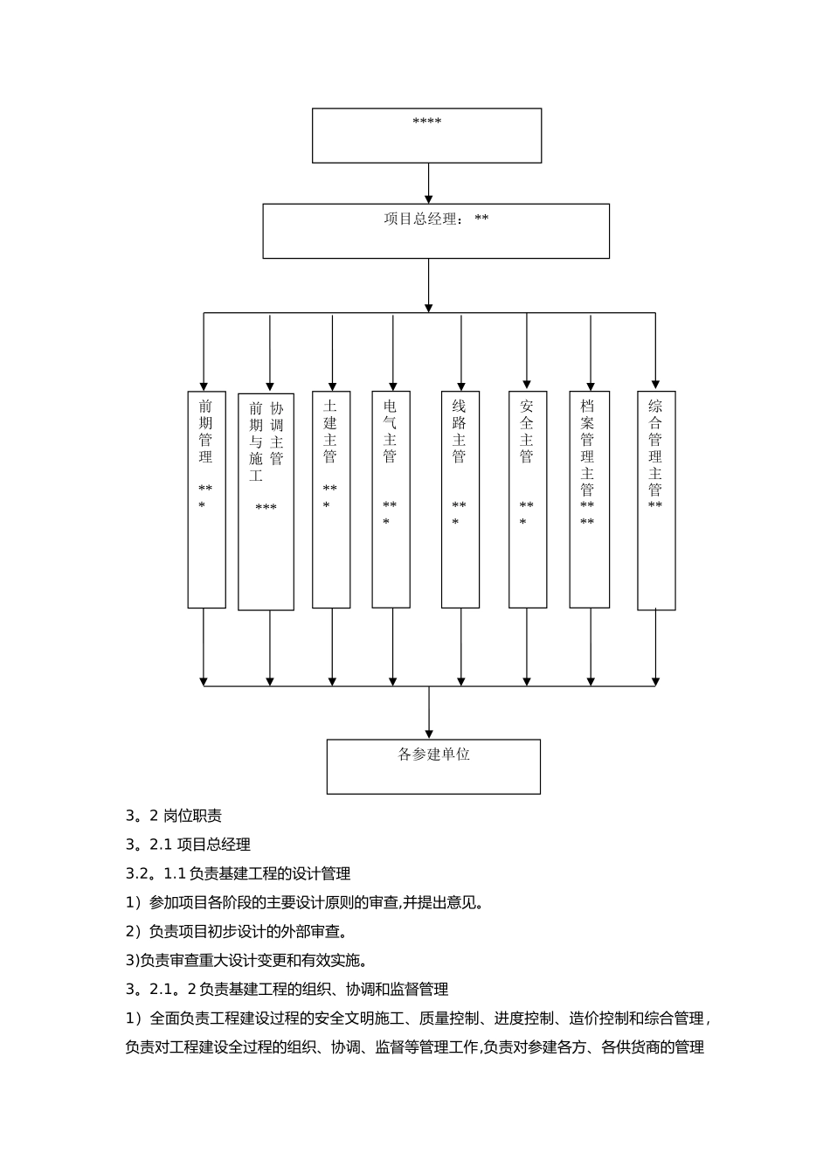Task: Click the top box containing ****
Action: [x=426, y=136]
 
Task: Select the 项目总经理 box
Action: [x=436, y=231]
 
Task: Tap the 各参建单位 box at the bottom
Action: [x=433, y=766]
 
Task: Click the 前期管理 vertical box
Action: [x=206, y=499]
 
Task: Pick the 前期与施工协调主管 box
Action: [x=266, y=500]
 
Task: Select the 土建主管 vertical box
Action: [x=331, y=499]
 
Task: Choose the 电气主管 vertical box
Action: [x=391, y=499]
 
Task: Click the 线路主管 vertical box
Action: [x=460, y=499]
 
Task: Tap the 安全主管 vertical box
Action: [x=528, y=499]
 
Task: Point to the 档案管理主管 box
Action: [x=589, y=499]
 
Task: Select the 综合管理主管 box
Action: [x=656, y=500]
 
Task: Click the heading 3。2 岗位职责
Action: [x=174, y=816]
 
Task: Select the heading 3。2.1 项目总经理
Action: [x=188, y=845]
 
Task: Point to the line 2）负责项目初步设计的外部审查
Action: [x=237, y=931]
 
